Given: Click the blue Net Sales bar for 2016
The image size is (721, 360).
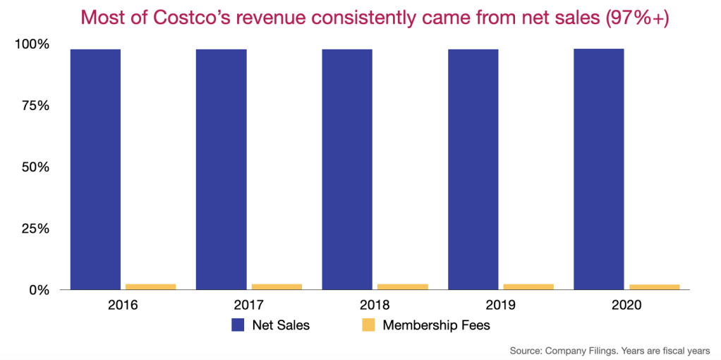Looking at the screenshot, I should point(95,169).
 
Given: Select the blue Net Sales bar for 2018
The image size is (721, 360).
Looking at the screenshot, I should point(347,169).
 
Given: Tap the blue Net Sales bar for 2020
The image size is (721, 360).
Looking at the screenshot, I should point(599,169).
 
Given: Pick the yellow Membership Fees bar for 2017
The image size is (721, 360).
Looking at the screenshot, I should point(277,287).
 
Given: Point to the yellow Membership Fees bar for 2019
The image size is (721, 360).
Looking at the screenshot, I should point(528,287).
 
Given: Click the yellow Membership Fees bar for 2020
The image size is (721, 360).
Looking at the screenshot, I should point(655,287).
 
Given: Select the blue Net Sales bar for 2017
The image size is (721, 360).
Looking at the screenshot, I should point(221,169).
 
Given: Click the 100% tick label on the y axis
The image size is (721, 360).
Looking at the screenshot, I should point(32,44).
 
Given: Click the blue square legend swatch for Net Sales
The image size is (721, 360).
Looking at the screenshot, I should point(238,325).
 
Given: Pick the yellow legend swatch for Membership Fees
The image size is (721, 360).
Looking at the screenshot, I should point(368,325).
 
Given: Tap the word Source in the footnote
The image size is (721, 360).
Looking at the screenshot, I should point(527,350).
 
